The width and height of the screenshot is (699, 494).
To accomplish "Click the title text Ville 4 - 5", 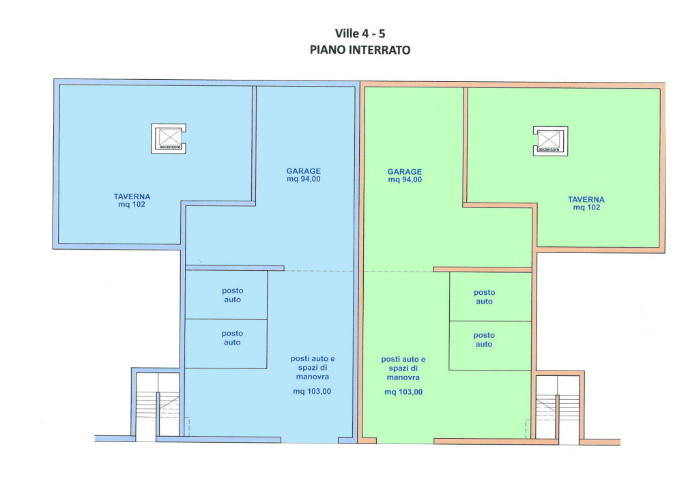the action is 360,33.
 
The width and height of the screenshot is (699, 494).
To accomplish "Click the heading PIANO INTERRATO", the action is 360,50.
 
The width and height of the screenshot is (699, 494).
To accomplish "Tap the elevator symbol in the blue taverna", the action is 169,139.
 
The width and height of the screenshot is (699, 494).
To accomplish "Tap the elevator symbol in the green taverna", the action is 551,141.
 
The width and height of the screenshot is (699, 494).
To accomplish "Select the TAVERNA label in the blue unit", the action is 132,197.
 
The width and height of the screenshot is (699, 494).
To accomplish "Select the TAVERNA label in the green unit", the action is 586,199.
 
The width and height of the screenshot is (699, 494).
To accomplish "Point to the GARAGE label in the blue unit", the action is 304,171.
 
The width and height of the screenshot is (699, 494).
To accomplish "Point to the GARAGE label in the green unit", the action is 404,172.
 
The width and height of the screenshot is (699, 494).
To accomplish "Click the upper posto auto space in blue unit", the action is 226,295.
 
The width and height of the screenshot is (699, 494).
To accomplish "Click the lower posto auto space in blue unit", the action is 226,344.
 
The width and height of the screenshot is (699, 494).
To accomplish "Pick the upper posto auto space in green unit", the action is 490,297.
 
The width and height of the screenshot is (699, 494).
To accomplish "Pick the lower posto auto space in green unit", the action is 490,346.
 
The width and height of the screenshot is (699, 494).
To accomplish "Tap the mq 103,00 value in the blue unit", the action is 312,392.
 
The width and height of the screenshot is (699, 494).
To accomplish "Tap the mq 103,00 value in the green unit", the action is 403,392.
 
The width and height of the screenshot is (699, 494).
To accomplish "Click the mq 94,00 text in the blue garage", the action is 304,179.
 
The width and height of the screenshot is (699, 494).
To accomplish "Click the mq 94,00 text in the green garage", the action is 405,180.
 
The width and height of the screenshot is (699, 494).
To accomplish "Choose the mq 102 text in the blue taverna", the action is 132,205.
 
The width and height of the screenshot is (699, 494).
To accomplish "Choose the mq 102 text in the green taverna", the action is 586,207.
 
